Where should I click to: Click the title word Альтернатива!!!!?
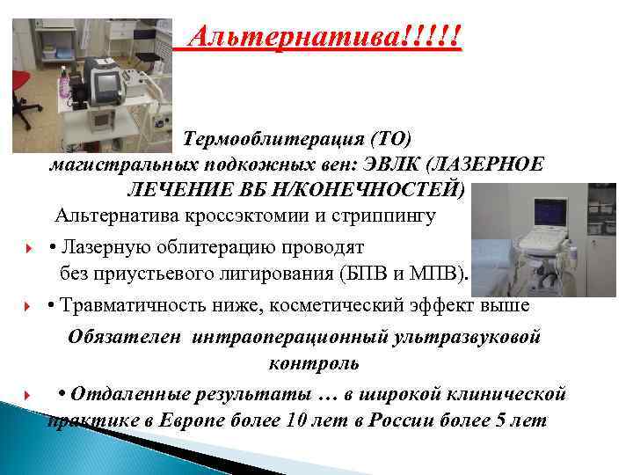coord(326,38)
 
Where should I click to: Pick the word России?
coord(405,419)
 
